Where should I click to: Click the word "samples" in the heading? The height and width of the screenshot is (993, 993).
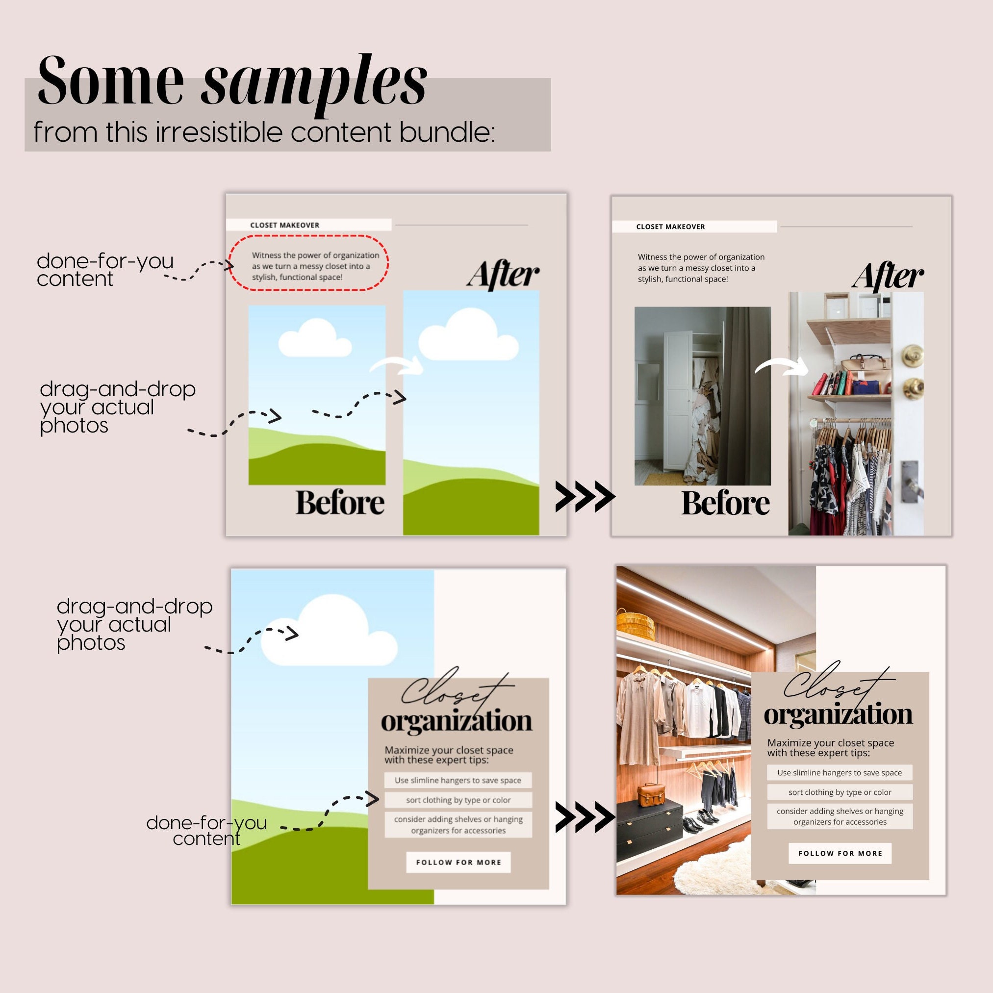coord(313,82)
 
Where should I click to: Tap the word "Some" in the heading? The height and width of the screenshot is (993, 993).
coord(110,81)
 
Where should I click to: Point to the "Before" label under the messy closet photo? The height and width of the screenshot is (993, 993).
coord(725,503)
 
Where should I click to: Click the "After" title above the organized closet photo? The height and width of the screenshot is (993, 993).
coord(888,276)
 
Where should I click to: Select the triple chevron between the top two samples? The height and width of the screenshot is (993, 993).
coord(585,496)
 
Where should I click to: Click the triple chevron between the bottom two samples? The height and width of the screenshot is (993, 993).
coord(585,816)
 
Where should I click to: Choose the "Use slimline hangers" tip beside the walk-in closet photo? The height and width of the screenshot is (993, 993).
coord(840,772)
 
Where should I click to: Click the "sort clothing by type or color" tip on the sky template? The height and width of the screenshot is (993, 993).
coord(458,800)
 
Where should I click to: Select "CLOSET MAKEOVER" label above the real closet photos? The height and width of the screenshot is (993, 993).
coord(670,227)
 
